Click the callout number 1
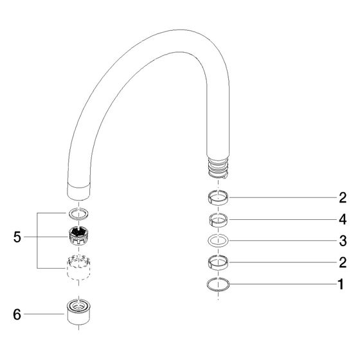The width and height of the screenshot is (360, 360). point(341,284)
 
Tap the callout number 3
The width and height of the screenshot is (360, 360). point(343,241)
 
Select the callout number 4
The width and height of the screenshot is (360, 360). point(343,220)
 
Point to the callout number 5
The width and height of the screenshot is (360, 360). point(17,237)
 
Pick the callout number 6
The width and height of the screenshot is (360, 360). point(17,314)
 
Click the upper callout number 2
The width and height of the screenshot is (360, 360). point(343,197)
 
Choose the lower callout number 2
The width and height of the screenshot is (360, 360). point(343,262)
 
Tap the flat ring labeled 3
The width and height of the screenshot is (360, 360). point(218,246)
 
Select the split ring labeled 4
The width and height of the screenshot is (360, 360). point(218,224)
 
